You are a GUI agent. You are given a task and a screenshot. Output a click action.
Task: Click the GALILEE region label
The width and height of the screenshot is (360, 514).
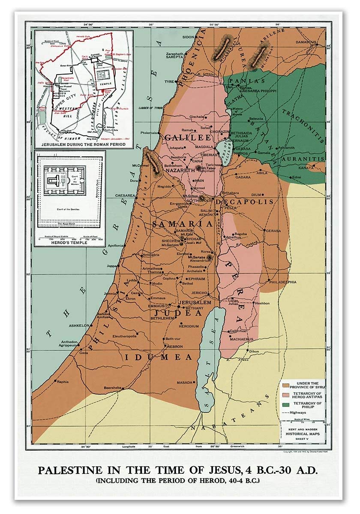point(188,137)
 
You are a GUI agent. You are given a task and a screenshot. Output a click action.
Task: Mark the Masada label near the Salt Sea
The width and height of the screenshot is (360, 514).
point(184,383)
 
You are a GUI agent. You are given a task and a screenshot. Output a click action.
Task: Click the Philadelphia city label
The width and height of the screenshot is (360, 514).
point(282,282)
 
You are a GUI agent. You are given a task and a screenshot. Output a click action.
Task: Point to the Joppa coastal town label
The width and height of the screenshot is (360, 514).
point(111,266)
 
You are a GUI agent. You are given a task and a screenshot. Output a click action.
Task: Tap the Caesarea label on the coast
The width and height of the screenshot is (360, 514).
point(125,195)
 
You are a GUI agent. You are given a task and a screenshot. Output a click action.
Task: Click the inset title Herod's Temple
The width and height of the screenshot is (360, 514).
point(69,242)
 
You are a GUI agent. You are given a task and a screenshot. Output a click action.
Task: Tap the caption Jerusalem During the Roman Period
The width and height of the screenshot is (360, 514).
point(84,144)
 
